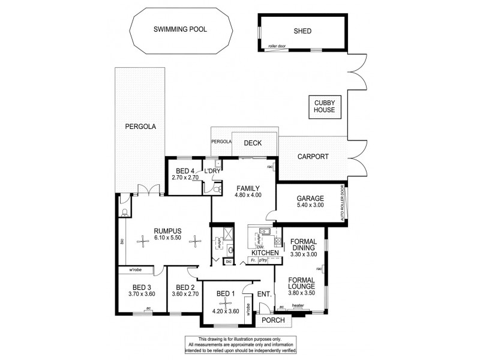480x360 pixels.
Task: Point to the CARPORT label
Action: (x=313, y=156)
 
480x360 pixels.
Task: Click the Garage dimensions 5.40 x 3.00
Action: (x=310, y=206)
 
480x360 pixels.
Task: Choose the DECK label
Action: (x=252, y=143)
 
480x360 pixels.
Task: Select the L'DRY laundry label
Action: (x=213, y=171)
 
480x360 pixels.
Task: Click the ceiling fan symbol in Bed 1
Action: (x=222, y=302)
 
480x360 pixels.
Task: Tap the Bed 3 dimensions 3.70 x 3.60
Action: (x=142, y=294)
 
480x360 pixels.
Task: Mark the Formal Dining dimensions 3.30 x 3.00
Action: (x=303, y=254)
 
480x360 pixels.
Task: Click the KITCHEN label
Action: (x=265, y=254)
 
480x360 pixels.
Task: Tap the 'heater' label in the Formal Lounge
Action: (x=298, y=306)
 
